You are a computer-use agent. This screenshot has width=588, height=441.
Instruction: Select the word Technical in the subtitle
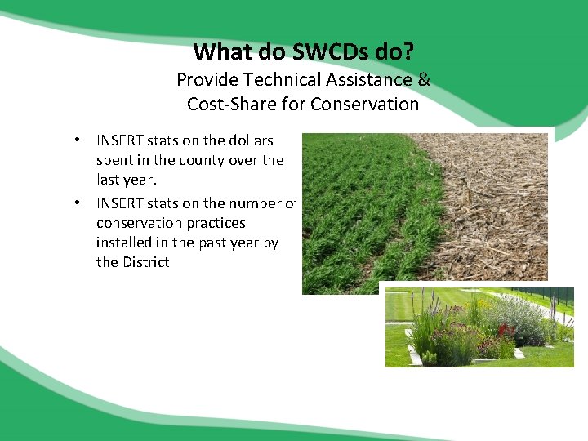tap(269, 80)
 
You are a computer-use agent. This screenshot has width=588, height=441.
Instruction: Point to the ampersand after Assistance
tap(424, 80)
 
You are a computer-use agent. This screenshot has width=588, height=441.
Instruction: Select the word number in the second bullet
tap(247, 203)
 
